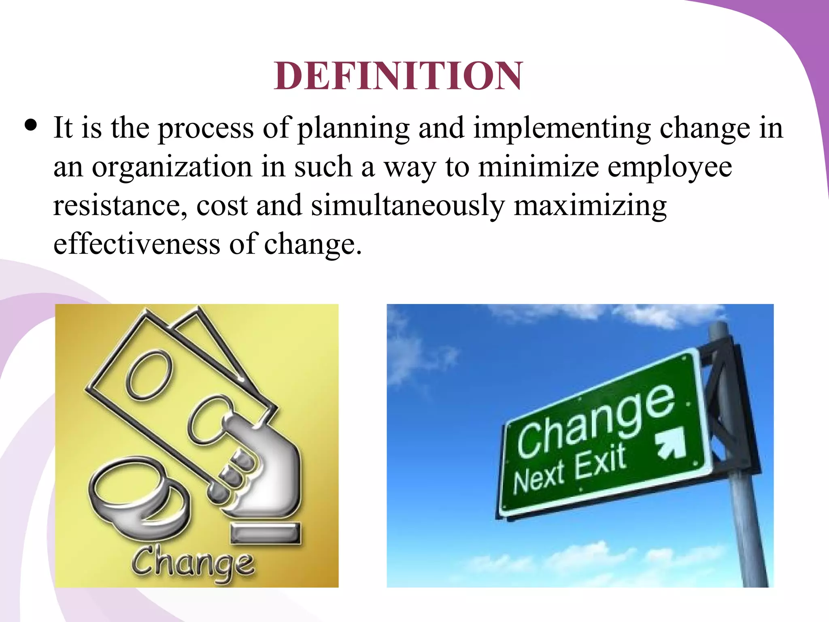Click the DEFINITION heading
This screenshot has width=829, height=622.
(x=398, y=76)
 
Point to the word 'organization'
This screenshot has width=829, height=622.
(x=172, y=167)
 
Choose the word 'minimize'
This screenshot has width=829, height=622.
(x=538, y=166)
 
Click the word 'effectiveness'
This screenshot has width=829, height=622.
(x=137, y=244)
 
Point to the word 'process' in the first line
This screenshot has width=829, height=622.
(x=206, y=129)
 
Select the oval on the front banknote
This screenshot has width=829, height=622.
(x=149, y=375)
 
